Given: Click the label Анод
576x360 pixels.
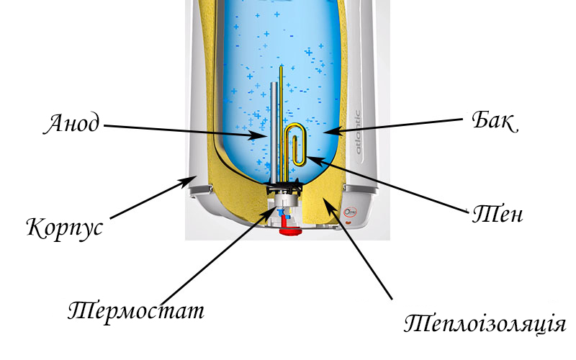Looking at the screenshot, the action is click(71, 124).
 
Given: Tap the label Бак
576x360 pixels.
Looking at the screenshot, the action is click(495, 120).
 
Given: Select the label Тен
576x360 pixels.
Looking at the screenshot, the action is click(498, 213).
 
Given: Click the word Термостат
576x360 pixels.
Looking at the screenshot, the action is click(136, 312).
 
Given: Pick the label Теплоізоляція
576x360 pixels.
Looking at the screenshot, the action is click(485, 324).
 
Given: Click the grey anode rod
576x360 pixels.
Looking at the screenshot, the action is click(274, 132).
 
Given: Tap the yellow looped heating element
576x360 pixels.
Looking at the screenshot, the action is click(295, 125).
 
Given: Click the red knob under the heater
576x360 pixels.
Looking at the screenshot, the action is click(290, 231).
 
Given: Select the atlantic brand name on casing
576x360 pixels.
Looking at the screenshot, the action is click(357, 132).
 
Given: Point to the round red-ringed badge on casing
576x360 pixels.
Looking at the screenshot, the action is click(350, 212).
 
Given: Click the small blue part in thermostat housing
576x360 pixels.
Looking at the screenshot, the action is click(282, 213).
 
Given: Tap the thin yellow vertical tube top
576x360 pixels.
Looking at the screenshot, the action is click(282, 66).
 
